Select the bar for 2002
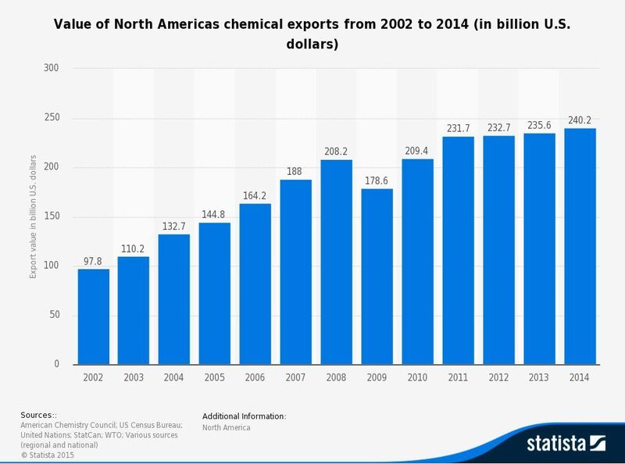click(x=93, y=316)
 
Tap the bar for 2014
click(x=579, y=246)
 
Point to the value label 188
click(x=295, y=173)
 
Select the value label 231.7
click(x=458, y=130)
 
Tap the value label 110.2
click(x=134, y=249)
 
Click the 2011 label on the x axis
click(x=458, y=378)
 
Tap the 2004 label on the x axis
click(x=174, y=378)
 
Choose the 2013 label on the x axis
click(x=539, y=378)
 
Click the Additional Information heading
click(x=245, y=416)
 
